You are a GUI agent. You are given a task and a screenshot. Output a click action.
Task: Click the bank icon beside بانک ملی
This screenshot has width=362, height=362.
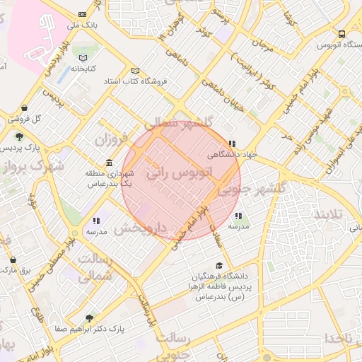coord(83,14)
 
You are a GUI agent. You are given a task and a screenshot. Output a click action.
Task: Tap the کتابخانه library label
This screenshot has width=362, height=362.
coord(83,69)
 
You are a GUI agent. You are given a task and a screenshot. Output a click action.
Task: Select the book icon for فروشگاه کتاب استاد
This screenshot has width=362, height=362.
coord(144,81)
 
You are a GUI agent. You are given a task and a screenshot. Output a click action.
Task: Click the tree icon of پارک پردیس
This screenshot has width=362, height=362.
coord(19,136)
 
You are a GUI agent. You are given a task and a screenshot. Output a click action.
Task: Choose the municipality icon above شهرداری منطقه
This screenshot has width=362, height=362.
coord(108,162)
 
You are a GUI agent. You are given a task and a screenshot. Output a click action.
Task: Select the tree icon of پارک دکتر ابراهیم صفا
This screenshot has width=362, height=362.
coord(88,319)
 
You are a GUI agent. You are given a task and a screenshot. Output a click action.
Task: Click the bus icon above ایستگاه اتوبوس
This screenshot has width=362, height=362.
coord(342,34)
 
